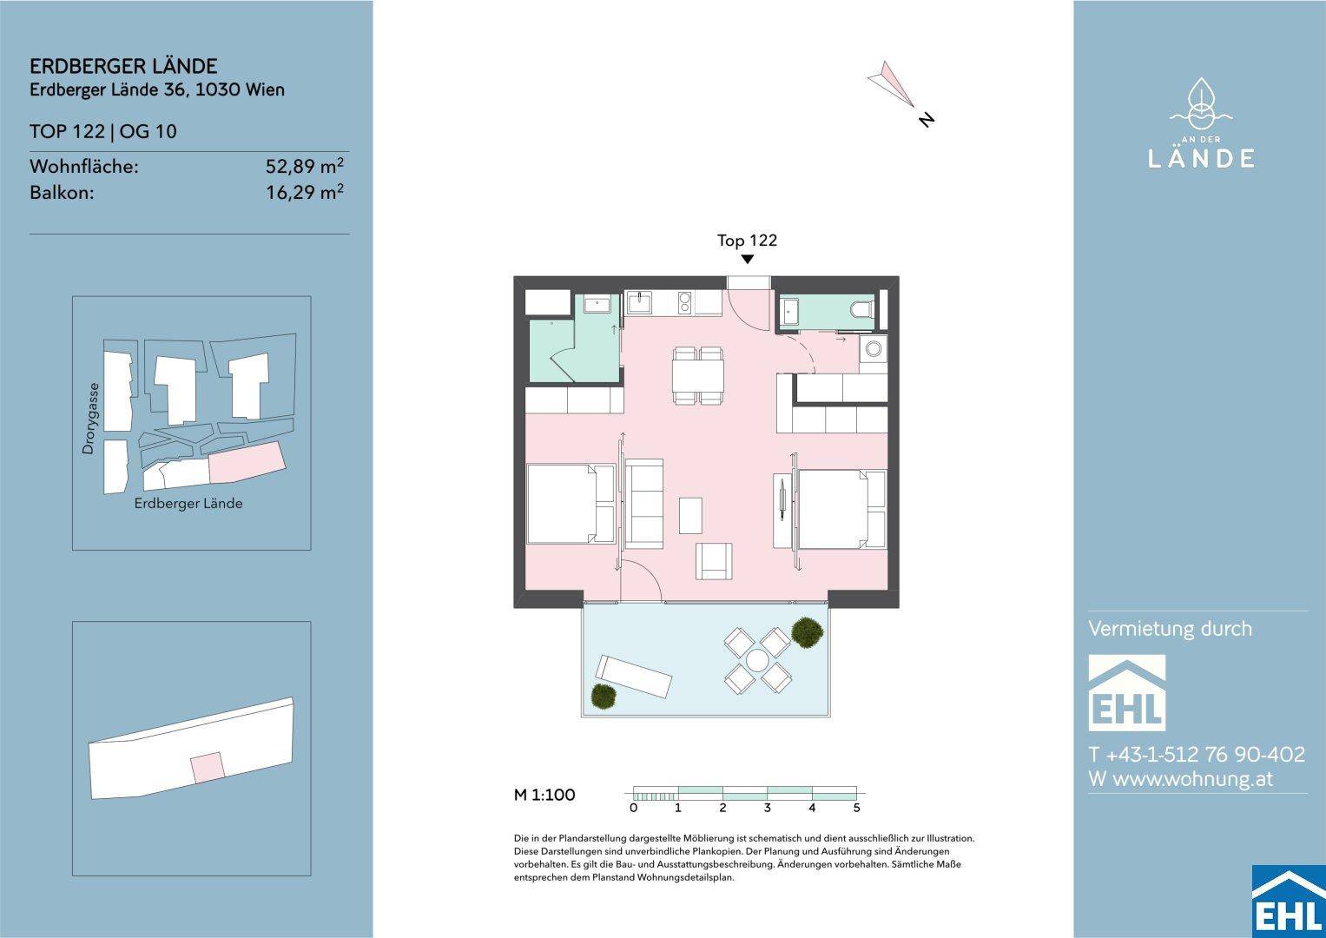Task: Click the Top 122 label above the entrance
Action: (747, 241)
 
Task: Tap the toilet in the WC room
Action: (862, 309)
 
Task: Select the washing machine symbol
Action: (874, 349)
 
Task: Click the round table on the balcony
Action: (757, 660)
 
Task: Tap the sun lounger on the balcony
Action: (633, 677)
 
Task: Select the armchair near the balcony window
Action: (714, 561)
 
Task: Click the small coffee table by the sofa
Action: (691, 515)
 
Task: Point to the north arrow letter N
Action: (927, 119)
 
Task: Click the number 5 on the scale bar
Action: (856, 808)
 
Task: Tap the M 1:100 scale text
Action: (544, 795)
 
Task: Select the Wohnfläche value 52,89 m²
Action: (304, 166)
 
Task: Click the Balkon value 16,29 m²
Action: (304, 192)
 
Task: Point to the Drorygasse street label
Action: (89, 418)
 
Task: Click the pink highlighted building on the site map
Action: (247, 461)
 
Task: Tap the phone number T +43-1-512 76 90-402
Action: (1197, 754)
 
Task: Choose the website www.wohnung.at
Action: (1180, 779)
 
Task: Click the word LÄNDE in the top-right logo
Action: (1201, 158)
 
